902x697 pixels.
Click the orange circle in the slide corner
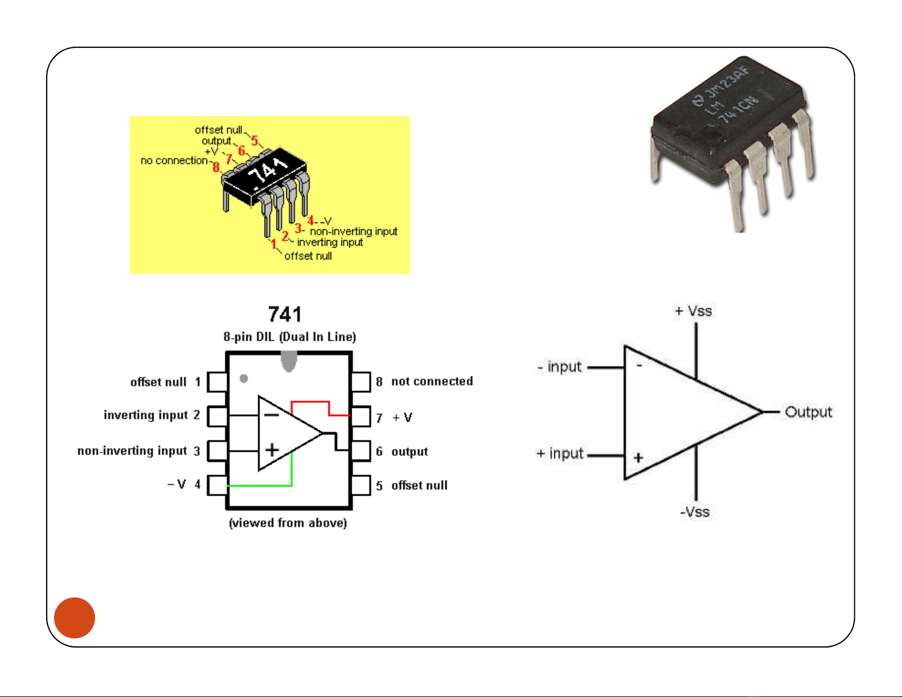point(75,618)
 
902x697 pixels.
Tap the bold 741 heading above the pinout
point(285,315)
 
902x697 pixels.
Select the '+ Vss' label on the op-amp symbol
point(693,311)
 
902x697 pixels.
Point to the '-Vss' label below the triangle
point(695,512)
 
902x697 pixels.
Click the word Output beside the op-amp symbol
point(808,412)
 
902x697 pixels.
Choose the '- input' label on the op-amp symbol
point(559,367)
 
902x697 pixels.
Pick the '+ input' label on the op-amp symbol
point(560,453)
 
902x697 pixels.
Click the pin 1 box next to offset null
point(217,382)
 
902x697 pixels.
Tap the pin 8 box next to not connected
point(361,382)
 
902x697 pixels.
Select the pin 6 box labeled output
point(361,451)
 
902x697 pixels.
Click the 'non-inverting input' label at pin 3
point(132,451)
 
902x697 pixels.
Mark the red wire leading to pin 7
point(310,402)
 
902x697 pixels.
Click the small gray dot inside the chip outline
point(244,378)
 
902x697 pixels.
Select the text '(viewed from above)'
point(288,523)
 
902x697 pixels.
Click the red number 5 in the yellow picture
point(254,140)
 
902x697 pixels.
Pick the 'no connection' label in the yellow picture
point(174,161)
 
